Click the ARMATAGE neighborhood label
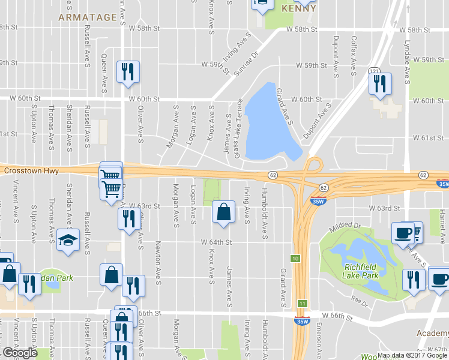click(x=87, y=17)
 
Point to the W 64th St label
click(x=216, y=242)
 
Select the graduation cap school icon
click(x=68, y=241)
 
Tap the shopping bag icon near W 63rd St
click(x=223, y=212)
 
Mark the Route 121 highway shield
click(x=374, y=71)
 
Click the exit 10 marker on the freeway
click(x=295, y=259)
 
